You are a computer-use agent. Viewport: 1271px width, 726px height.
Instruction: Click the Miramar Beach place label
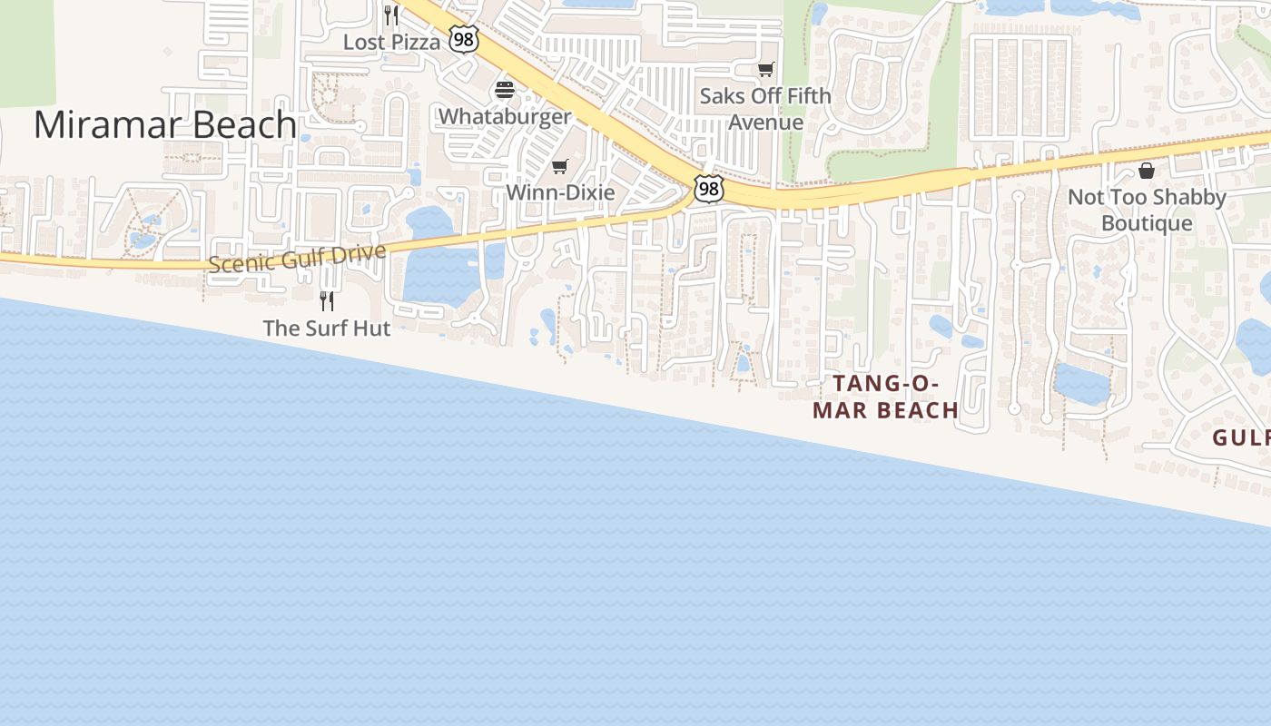[x=165, y=125]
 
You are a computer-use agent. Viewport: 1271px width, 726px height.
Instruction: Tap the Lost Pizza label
[x=391, y=42]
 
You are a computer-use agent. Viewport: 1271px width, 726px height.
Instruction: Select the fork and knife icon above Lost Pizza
[x=391, y=15]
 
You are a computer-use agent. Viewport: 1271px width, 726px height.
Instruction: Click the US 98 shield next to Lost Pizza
[x=464, y=39]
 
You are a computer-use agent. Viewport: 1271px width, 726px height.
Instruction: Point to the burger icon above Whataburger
[x=505, y=90]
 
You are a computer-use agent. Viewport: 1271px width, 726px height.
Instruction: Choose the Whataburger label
[x=505, y=116]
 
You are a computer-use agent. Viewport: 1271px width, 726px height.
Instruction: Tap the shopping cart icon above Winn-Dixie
[x=560, y=166]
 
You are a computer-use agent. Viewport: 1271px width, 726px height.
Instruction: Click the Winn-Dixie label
[x=560, y=192]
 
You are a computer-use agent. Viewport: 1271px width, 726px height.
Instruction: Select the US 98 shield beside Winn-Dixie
[x=708, y=188]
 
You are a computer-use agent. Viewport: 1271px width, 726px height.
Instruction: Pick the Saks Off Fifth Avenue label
[x=765, y=109]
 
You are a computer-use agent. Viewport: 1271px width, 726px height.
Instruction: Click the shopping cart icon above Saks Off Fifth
[x=766, y=69]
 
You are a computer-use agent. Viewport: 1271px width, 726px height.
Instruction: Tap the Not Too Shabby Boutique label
[x=1147, y=210]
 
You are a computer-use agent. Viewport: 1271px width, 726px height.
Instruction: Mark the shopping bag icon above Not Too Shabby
[x=1147, y=171]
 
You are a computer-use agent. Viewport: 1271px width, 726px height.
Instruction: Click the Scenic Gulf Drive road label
[x=298, y=258]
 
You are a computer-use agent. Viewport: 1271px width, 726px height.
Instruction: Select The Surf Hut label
[x=327, y=328]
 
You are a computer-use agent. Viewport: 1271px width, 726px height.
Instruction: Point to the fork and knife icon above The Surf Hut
[x=327, y=300]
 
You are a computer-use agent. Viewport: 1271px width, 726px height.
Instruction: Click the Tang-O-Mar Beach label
[x=885, y=397]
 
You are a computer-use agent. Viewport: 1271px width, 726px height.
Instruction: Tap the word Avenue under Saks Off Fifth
[x=765, y=123]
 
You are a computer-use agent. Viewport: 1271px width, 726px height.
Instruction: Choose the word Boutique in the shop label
[x=1147, y=223]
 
